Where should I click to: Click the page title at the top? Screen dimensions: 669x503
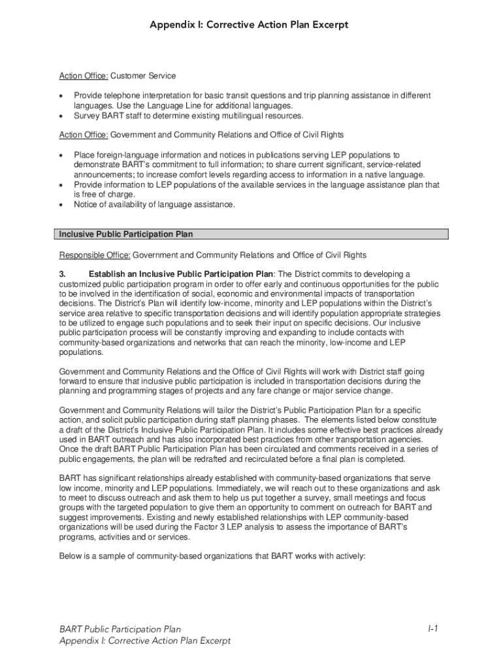249,25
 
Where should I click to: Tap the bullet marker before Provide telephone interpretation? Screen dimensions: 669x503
61,96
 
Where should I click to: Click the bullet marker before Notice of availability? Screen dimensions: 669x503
61,205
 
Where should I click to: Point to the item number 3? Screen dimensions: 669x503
63,274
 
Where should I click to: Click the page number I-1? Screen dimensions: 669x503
432,628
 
